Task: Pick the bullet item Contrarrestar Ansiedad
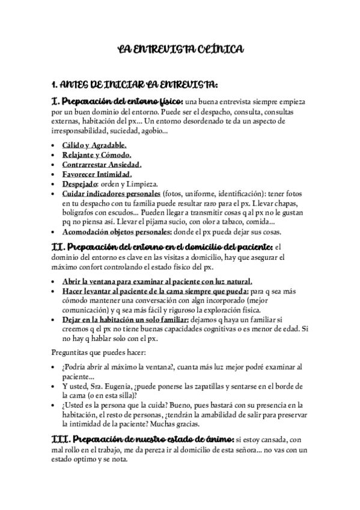(102, 164)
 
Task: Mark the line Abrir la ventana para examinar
(156, 281)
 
